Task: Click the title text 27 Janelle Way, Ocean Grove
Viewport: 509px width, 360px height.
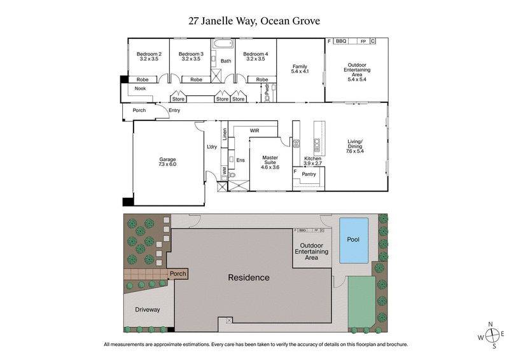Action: pyautogui.click(x=254, y=20)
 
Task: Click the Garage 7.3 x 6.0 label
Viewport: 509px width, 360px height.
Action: pyautogui.click(x=167, y=162)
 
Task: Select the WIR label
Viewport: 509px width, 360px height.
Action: pyautogui.click(x=254, y=130)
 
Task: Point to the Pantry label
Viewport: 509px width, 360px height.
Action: pyautogui.click(x=309, y=174)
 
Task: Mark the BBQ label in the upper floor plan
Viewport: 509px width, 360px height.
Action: pyautogui.click(x=340, y=41)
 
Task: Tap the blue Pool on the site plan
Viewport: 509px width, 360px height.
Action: pyautogui.click(x=353, y=240)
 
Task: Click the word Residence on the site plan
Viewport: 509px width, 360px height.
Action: pyautogui.click(x=249, y=277)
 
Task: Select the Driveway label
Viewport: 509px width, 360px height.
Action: pyautogui.click(x=148, y=310)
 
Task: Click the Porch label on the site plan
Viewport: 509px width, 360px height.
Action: pyautogui.click(x=178, y=274)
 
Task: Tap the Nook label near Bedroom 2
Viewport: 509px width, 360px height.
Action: pyautogui.click(x=140, y=88)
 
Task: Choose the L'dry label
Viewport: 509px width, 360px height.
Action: pyautogui.click(x=213, y=148)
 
